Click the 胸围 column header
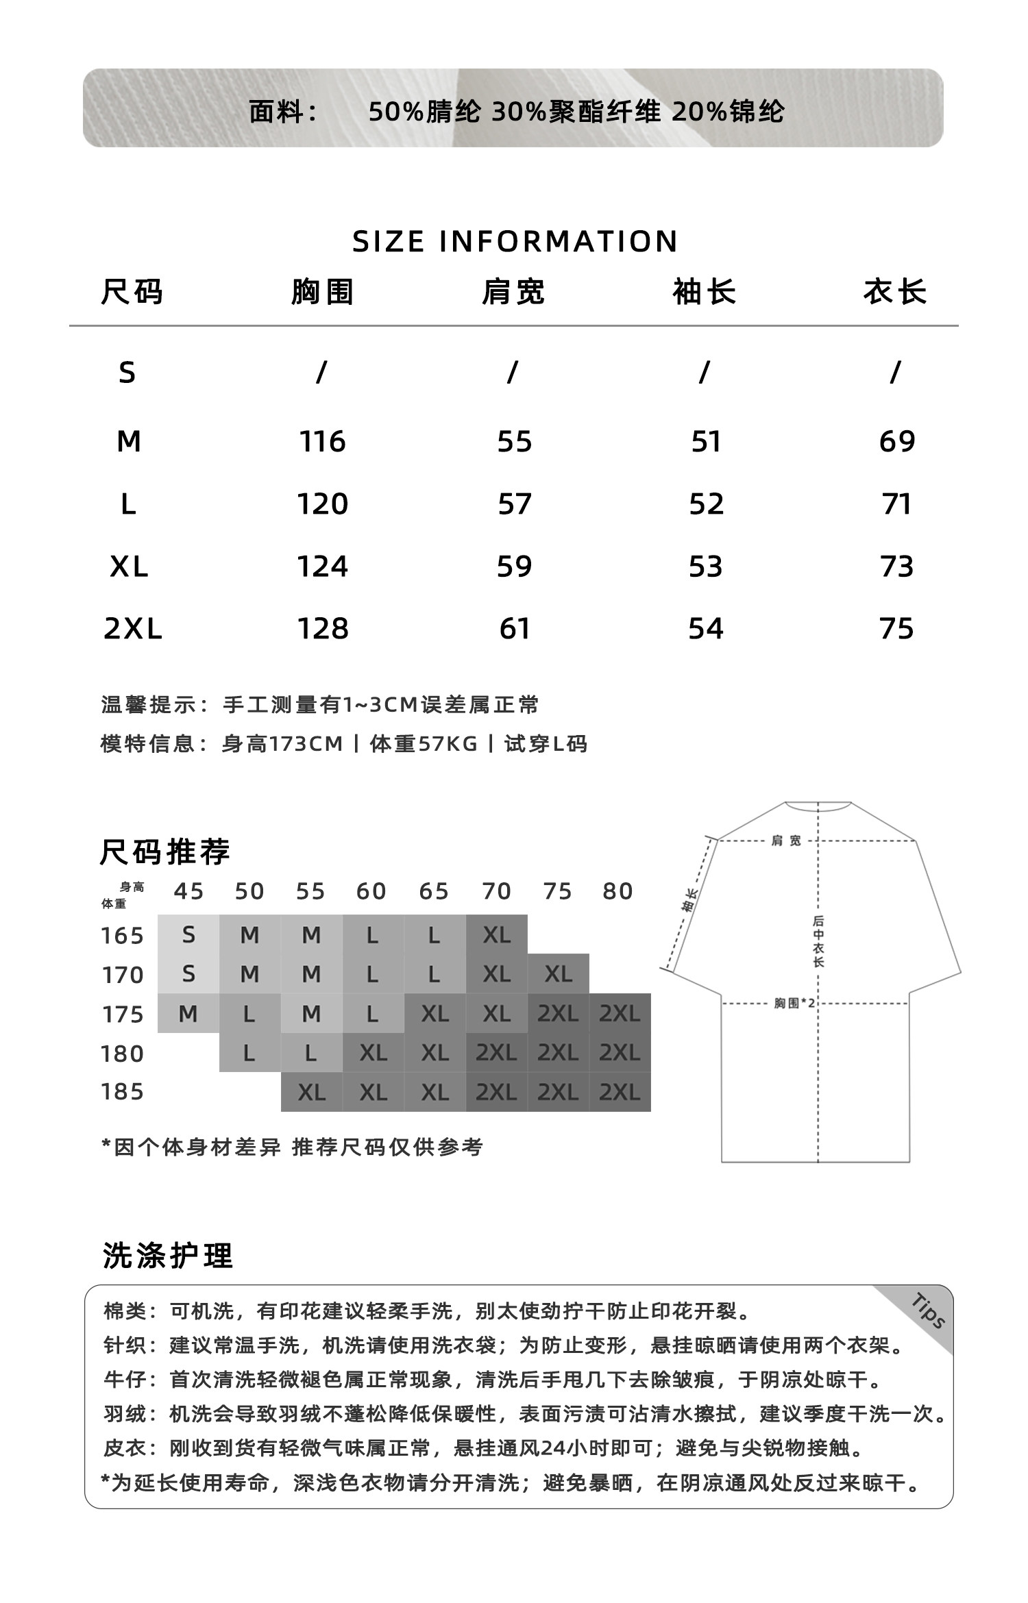click(x=322, y=293)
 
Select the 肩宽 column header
click(x=513, y=293)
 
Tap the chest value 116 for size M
click(x=322, y=442)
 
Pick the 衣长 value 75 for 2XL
click(x=896, y=629)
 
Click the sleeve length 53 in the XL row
click(x=705, y=567)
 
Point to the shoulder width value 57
click(x=514, y=504)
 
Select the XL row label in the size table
click(x=129, y=567)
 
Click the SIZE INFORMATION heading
click(x=515, y=241)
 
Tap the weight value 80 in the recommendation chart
click(x=617, y=891)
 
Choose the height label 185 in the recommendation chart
click(x=123, y=1091)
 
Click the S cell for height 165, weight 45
click(x=188, y=934)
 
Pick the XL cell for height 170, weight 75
click(x=558, y=973)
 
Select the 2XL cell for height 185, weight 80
click(x=620, y=1092)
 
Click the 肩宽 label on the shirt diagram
click(x=785, y=841)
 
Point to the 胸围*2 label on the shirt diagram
click(x=794, y=1004)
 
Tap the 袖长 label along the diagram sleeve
click(x=690, y=900)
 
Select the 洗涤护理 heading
click(x=168, y=1256)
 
